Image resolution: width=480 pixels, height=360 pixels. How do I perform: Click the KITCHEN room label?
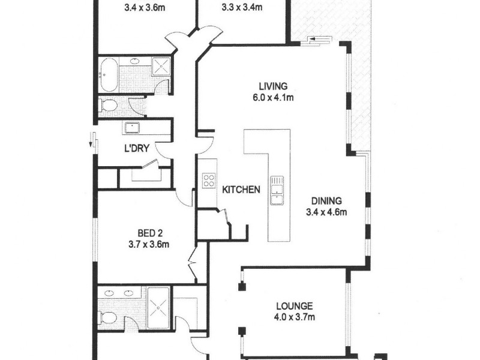241,190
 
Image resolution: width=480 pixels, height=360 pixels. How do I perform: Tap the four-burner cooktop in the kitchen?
209,181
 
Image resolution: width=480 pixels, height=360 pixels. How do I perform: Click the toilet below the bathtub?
109,106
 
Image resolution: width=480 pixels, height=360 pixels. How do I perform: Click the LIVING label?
269,86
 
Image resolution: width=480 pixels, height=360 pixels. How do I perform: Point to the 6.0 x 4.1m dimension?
269,98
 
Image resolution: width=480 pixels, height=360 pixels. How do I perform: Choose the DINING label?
326,201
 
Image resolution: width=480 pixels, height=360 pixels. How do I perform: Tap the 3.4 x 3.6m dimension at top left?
145,8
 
